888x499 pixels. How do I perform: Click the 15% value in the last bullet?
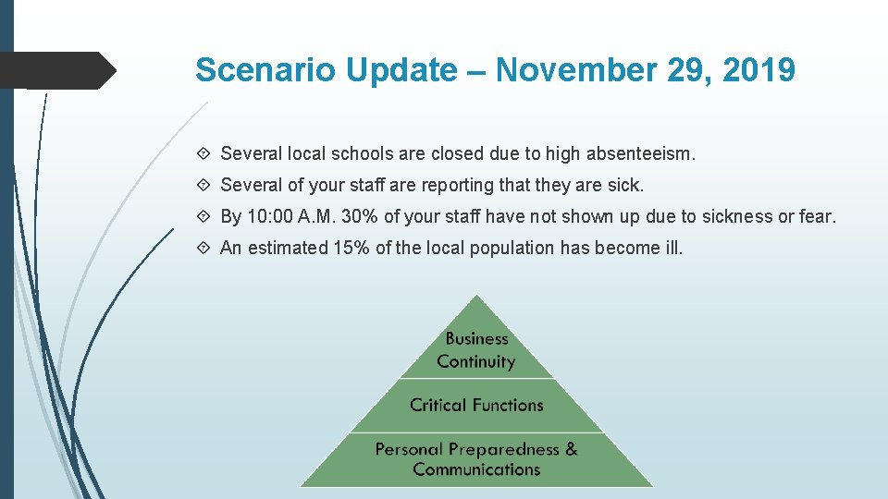(351, 248)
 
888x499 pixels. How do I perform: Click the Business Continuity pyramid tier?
(476, 350)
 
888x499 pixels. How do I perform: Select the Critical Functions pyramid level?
(476, 405)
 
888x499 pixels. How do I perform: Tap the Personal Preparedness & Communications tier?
(476, 459)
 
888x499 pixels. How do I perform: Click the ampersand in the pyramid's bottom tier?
(571, 449)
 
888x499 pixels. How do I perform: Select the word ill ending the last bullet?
(674, 248)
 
